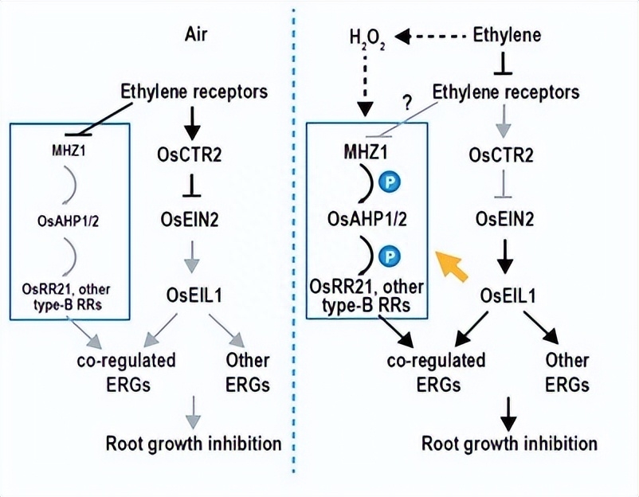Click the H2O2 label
tap(367, 38)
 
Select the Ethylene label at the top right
tap(507, 35)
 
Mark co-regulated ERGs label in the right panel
tap(437, 372)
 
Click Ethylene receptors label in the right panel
tap(507, 92)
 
